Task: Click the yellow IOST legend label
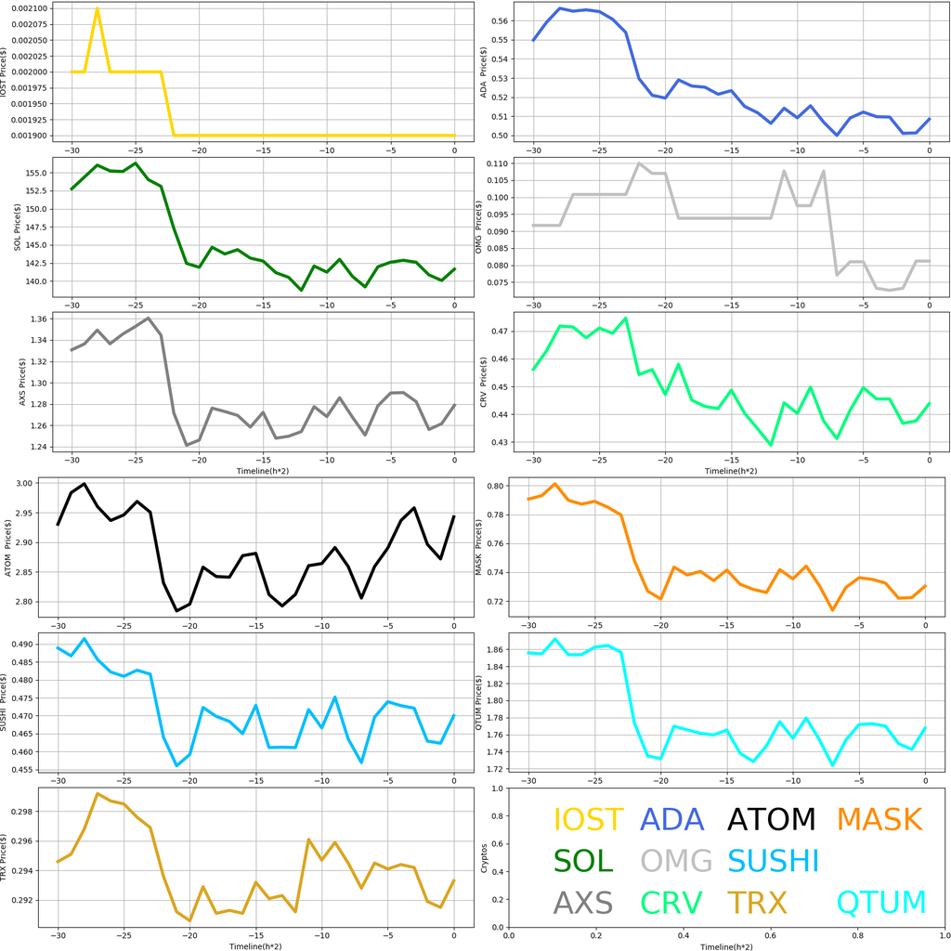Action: tap(588, 819)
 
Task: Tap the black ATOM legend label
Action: tap(771, 819)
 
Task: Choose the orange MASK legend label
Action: tap(879, 819)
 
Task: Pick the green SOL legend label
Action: tap(583, 861)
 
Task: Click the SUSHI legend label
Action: tap(773, 861)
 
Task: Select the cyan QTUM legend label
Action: tap(882, 903)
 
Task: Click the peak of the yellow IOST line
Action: tap(98, 9)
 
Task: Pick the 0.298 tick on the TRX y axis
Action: tap(37, 812)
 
